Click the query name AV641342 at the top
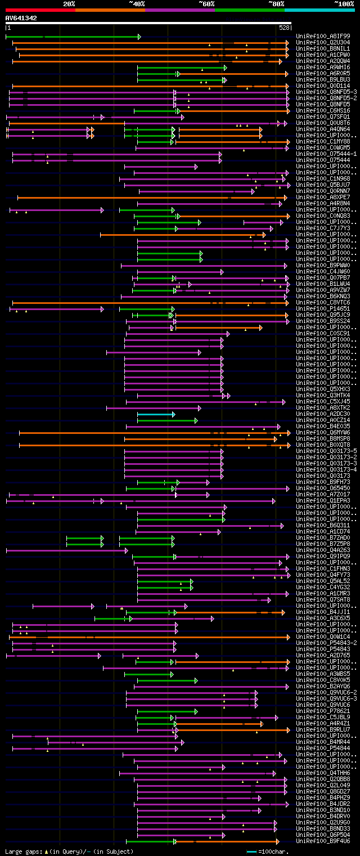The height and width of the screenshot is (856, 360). (21, 18)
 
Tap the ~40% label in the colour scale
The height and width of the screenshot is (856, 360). (137, 4)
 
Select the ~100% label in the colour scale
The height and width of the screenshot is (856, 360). (344, 4)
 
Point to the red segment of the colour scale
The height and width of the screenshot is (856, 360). (40, 10)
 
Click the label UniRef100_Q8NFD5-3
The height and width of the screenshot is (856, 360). (326, 92)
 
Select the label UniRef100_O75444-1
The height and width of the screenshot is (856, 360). (326, 154)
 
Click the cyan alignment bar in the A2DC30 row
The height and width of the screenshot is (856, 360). (156, 414)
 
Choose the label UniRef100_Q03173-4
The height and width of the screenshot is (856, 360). (326, 469)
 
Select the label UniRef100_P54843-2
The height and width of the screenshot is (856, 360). (326, 643)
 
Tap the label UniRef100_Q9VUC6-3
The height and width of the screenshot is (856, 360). (326, 698)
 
